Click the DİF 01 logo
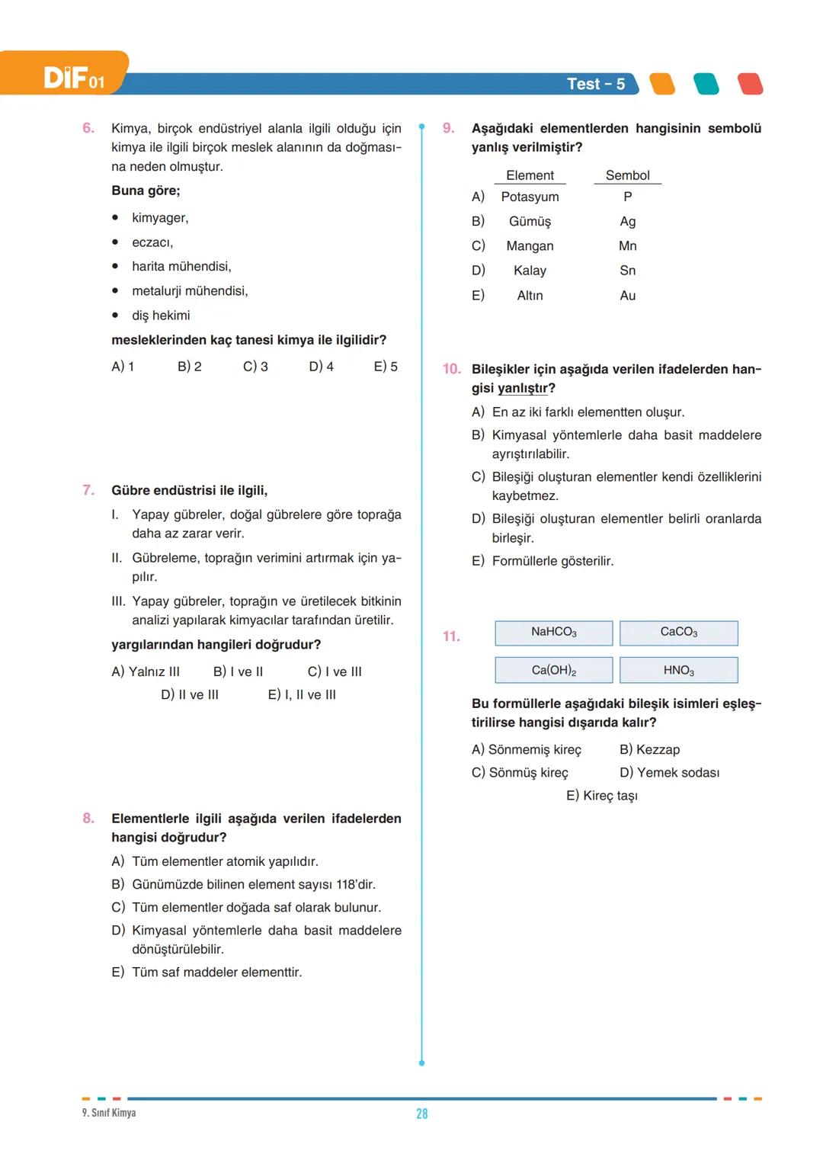coord(73,77)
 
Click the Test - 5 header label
coord(595,84)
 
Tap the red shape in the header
coord(750,84)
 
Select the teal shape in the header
coord(706,84)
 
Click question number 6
coord(88,128)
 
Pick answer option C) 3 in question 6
coord(255,367)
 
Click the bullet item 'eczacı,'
coord(152,242)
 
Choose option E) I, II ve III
coord(302,694)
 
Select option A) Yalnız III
coord(146,671)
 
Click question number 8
coord(88,818)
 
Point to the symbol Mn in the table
coord(627,246)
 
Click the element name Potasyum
coord(530,197)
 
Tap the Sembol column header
coord(627,175)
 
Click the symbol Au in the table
coord(627,296)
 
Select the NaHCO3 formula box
coord(554,633)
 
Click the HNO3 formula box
coord(678,670)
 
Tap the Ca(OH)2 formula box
coord(554,670)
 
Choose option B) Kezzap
coord(649,749)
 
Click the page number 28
coord(421,1114)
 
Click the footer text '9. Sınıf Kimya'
coord(109,1113)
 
